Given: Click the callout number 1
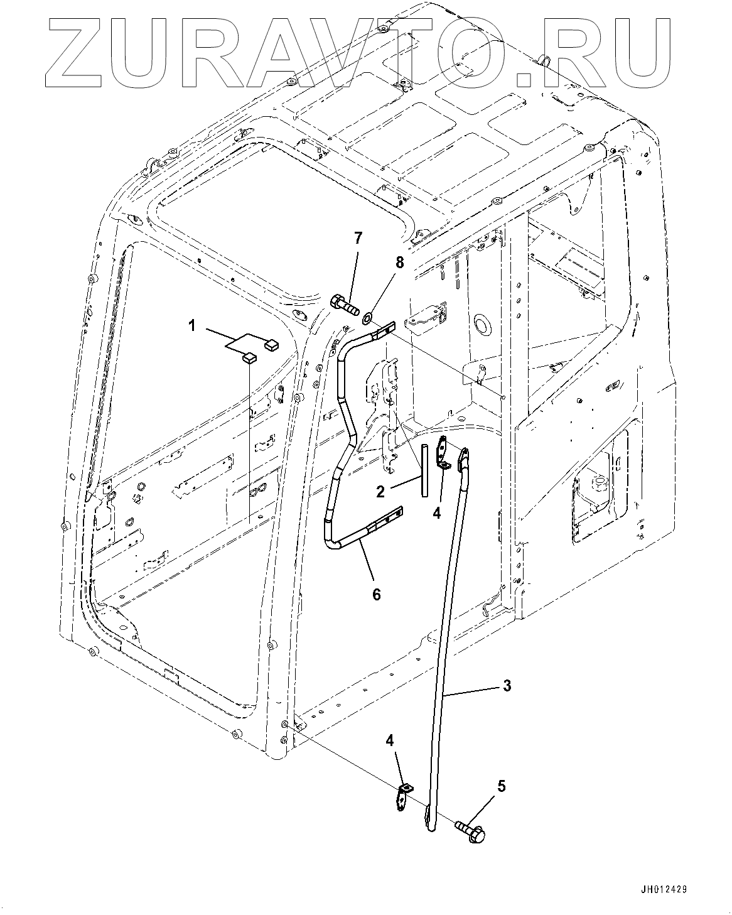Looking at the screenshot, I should click(193, 325).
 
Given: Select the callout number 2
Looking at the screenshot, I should click(380, 492).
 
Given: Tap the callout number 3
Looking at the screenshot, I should click(507, 685).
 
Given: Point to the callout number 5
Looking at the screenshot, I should click(501, 786).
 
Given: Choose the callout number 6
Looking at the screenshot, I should click(376, 593).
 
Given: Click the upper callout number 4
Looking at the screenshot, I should click(437, 512).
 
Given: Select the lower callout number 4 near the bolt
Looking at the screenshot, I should click(390, 740).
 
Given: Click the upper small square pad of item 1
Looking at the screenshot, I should click(271, 343).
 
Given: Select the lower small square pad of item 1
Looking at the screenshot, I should click(249, 359).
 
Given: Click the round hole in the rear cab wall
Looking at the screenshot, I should click(482, 325).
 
